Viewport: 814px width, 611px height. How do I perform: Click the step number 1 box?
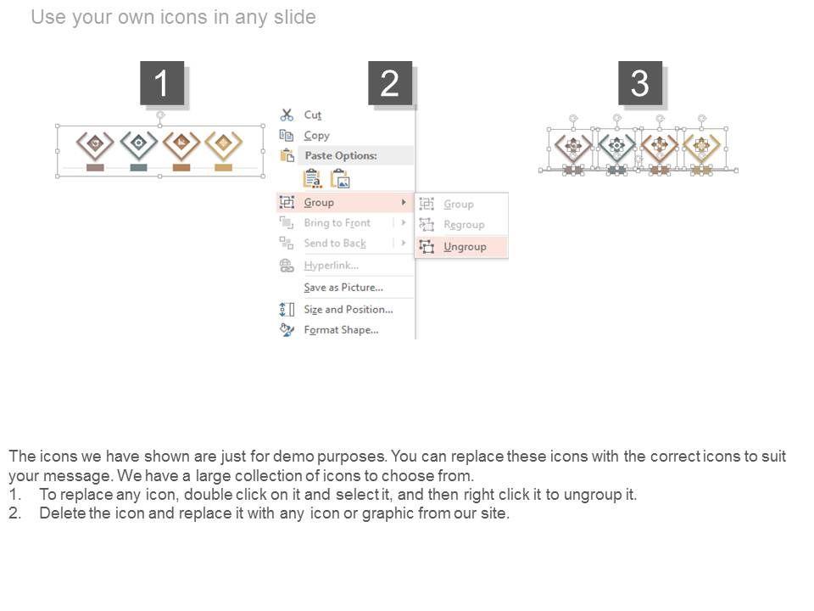[162, 83]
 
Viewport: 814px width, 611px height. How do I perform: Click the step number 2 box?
[390, 83]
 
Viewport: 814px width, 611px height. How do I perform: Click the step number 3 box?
[640, 83]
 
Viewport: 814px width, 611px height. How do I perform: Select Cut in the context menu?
[313, 115]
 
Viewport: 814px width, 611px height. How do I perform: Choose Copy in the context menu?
[316, 136]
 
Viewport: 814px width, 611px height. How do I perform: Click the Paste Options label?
[341, 155]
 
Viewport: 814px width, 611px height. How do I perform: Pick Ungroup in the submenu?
[465, 247]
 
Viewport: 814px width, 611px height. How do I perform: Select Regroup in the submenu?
[464, 225]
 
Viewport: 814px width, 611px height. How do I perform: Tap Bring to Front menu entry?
[337, 223]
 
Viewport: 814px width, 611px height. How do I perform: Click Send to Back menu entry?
[335, 244]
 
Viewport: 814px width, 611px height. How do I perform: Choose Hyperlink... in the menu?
[332, 266]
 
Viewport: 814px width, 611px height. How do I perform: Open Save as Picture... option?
[343, 288]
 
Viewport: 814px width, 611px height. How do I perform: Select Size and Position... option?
[348, 310]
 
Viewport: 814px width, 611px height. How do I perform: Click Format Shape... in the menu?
[341, 330]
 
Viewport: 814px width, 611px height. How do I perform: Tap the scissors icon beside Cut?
[287, 115]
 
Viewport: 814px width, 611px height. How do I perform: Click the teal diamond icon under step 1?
[138, 144]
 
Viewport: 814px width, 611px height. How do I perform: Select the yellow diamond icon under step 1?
[224, 144]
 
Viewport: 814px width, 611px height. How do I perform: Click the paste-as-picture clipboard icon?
[341, 179]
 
